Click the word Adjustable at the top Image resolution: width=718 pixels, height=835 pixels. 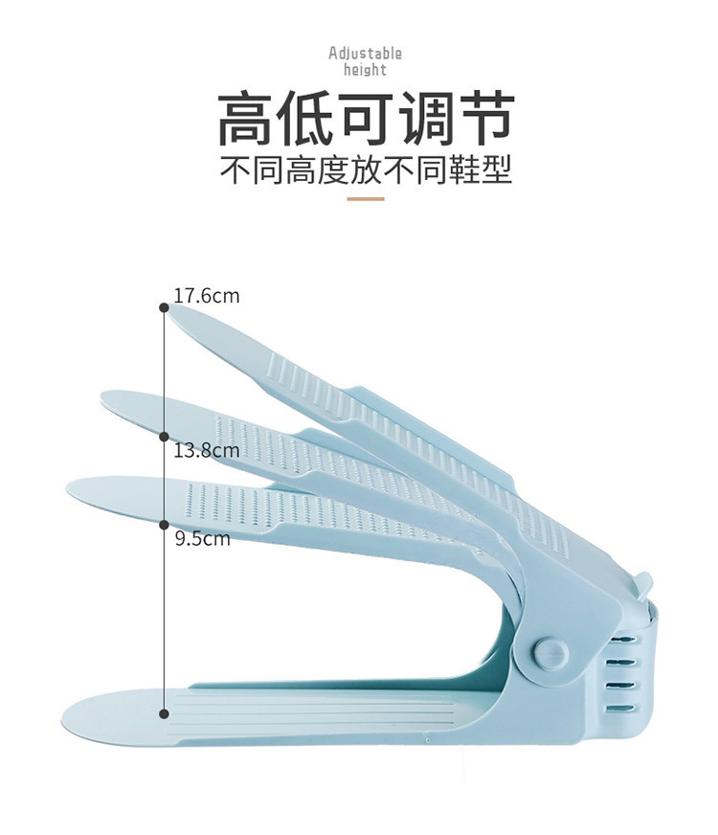pos(365,54)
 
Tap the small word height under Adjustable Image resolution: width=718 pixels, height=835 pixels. pos(365,70)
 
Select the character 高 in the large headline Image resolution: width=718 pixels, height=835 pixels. pos(247,120)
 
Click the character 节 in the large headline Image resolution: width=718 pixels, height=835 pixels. pos(484,120)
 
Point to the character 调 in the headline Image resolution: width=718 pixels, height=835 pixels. pos(425,120)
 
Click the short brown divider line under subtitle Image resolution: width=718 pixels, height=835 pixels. pos(365,198)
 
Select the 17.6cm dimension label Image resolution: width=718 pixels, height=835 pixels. pos(206,296)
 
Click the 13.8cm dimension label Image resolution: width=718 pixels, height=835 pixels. pos(206,449)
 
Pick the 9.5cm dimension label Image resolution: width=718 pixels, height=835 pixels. pos(202,538)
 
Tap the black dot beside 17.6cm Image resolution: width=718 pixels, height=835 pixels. pos(164,306)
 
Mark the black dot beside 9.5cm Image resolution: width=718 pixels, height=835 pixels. pos(164,525)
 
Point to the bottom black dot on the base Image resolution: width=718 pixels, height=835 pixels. pos(164,713)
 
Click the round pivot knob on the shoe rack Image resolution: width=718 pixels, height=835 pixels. pos(550,654)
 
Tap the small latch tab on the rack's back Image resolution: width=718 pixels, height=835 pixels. pos(642,582)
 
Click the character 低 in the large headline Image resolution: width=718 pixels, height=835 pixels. pos(306,120)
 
